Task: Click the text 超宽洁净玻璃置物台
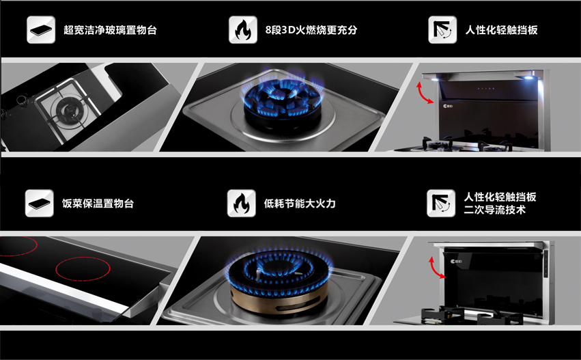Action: pos(110,30)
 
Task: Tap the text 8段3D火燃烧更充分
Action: pos(311,30)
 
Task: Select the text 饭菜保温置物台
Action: pos(98,204)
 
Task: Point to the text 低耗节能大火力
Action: pos(300,204)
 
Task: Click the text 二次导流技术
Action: pos(495,210)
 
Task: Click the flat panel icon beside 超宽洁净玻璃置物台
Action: pos(41,29)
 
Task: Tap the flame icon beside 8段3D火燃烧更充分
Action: pos(242,29)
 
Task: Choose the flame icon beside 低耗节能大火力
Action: pos(241,203)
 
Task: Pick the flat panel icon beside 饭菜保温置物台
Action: pos(40,203)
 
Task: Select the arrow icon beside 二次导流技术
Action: pos(441,203)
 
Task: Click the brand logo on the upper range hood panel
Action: pos(448,106)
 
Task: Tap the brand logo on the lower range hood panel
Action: pos(456,262)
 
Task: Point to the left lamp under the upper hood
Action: pos(434,79)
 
